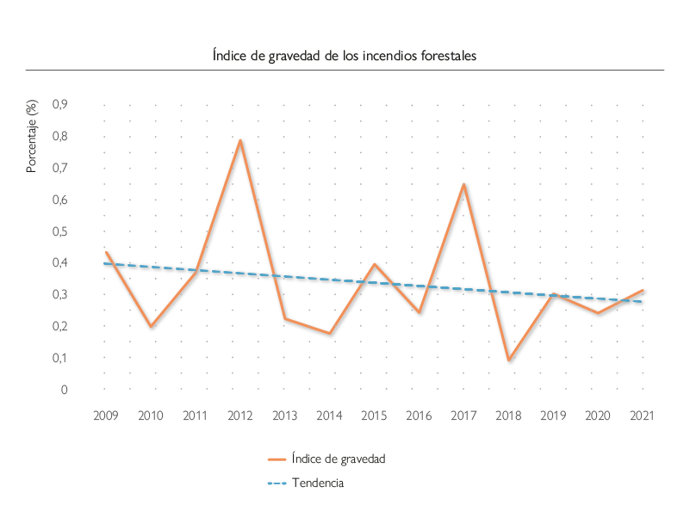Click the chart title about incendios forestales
(345, 55)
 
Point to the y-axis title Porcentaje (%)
(32, 137)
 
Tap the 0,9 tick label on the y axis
(60, 104)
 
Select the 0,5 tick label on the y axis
(60, 231)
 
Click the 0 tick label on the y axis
(64, 390)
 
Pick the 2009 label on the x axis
(105, 416)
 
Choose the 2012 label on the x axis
(239, 416)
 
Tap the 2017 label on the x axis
(463, 416)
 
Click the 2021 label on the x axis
(642, 416)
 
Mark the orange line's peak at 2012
(239, 140)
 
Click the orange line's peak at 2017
(463, 184)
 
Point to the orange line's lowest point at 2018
(508, 360)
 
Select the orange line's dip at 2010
(151, 327)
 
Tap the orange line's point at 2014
(329, 333)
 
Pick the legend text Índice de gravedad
(338, 459)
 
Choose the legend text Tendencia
(318, 483)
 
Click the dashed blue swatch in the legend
(276, 483)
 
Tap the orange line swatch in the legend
(276, 459)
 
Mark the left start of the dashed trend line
(105, 263)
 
